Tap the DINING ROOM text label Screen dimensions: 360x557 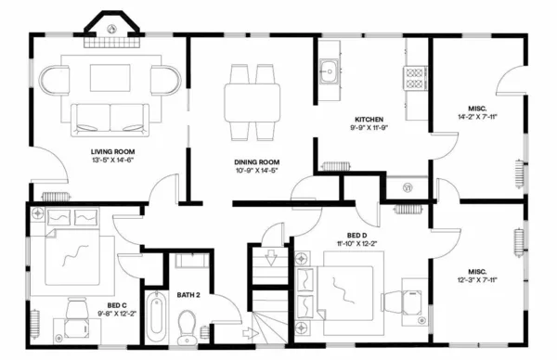pos(256,162)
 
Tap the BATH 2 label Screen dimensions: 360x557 pos(190,295)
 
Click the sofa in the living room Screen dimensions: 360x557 pos(110,114)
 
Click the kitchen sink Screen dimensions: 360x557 pos(329,70)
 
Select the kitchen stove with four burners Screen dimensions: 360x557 pos(414,75)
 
